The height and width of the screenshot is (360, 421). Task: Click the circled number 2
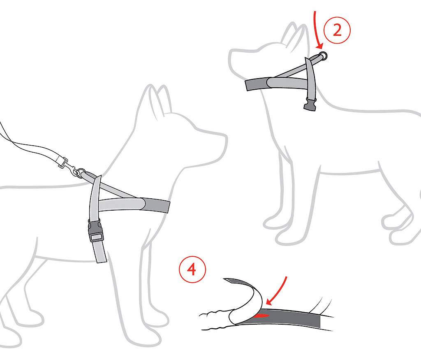337,30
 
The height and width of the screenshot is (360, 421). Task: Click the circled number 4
192,269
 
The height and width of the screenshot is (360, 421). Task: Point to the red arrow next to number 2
317,30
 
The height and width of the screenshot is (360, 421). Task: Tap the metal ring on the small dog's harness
323,56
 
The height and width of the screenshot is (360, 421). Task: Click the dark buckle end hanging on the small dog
310,105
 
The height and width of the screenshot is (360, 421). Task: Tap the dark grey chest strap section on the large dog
156,206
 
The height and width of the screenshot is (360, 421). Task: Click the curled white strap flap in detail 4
246,303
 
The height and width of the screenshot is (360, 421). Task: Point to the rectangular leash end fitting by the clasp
62,161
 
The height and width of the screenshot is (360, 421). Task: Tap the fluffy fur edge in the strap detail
215,320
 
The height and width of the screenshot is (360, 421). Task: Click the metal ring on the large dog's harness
81,173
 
